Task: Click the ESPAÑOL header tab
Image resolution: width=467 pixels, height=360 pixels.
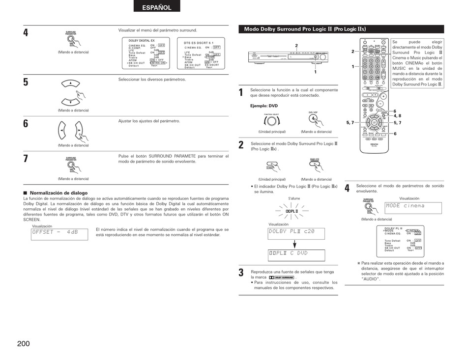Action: click(157, 7)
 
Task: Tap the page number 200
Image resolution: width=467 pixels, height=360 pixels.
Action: click(23, 343)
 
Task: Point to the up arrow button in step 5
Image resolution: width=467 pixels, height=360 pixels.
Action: click(71, 83)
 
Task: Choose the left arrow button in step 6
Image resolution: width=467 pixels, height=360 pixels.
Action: click(62, 131)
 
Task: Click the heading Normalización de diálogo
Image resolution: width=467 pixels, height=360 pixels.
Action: click(59, 193)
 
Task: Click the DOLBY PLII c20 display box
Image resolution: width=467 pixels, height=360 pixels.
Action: click(296, 233)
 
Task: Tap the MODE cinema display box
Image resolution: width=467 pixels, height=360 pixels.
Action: click(413, 207)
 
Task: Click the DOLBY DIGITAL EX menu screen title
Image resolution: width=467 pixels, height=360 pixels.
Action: click(142, 41)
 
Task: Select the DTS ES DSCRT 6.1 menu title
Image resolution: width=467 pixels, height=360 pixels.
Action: click(199, 43)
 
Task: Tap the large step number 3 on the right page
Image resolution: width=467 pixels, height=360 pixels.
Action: click(241, 273)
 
